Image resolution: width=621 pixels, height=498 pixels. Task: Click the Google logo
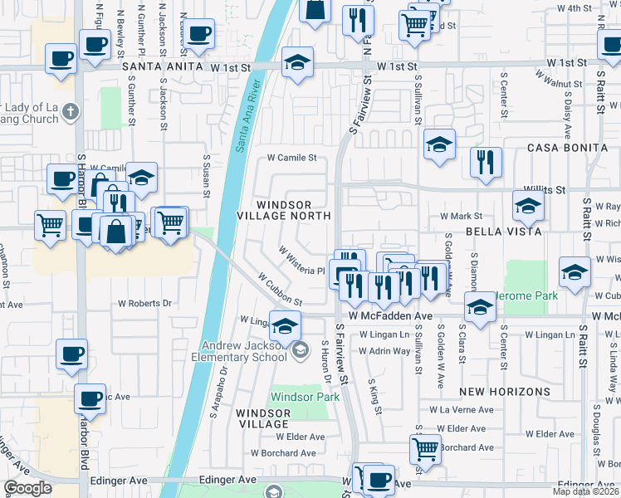click(x=27, y=488)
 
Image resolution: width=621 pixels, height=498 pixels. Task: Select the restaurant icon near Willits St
click(x=485, y=162)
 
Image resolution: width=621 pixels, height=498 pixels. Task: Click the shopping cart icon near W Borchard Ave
click(x=424, y=448)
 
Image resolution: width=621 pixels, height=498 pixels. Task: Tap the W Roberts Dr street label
click(x=144, y=304)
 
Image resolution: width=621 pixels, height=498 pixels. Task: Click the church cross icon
click(x=71, y=110)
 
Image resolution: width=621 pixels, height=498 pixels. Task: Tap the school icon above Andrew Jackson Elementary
click(x=285, y=326)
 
